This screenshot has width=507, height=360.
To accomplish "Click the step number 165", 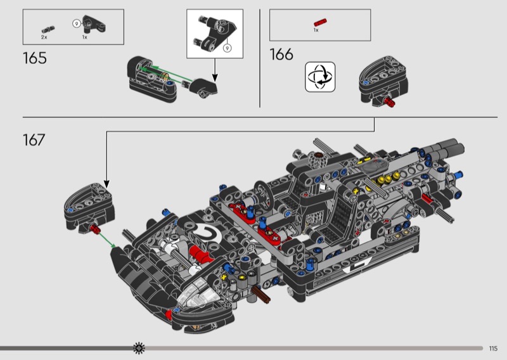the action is click(35, 58).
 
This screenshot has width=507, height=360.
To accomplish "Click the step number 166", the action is click(281, 55).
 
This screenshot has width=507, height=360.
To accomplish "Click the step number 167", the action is click(34, 140).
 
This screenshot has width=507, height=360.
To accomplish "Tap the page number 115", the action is click(493, 349).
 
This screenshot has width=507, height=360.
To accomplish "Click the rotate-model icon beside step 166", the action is click(320, 77).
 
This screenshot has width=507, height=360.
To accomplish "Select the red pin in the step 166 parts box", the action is click(320, 22).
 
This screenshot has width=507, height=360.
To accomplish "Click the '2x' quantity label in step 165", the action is click(44, 37).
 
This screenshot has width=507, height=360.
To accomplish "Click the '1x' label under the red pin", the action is click(316, 30).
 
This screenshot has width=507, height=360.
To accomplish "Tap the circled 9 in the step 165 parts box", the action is click(77, 23).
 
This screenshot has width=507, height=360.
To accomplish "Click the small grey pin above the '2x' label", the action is click(48, 30).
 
